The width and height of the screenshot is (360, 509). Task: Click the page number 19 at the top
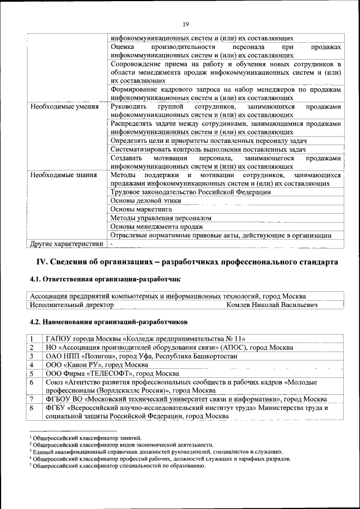(x=185, y=24)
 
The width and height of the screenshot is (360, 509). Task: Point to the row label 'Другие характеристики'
(x=67, y=244)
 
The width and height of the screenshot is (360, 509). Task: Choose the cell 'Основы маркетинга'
(x=141, y=209)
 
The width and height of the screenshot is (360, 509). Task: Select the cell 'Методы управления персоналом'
(x=161, y=218)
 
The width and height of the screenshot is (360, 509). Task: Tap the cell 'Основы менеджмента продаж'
(x=157, y=226)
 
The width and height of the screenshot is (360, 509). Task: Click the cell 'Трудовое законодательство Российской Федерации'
(x=191, y=192)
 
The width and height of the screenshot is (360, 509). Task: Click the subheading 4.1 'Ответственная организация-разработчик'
(x=105, y=279)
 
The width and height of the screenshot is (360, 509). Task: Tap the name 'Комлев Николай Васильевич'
(x=272, y=305)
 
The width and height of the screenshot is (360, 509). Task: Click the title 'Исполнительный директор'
(x=72, y=305)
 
